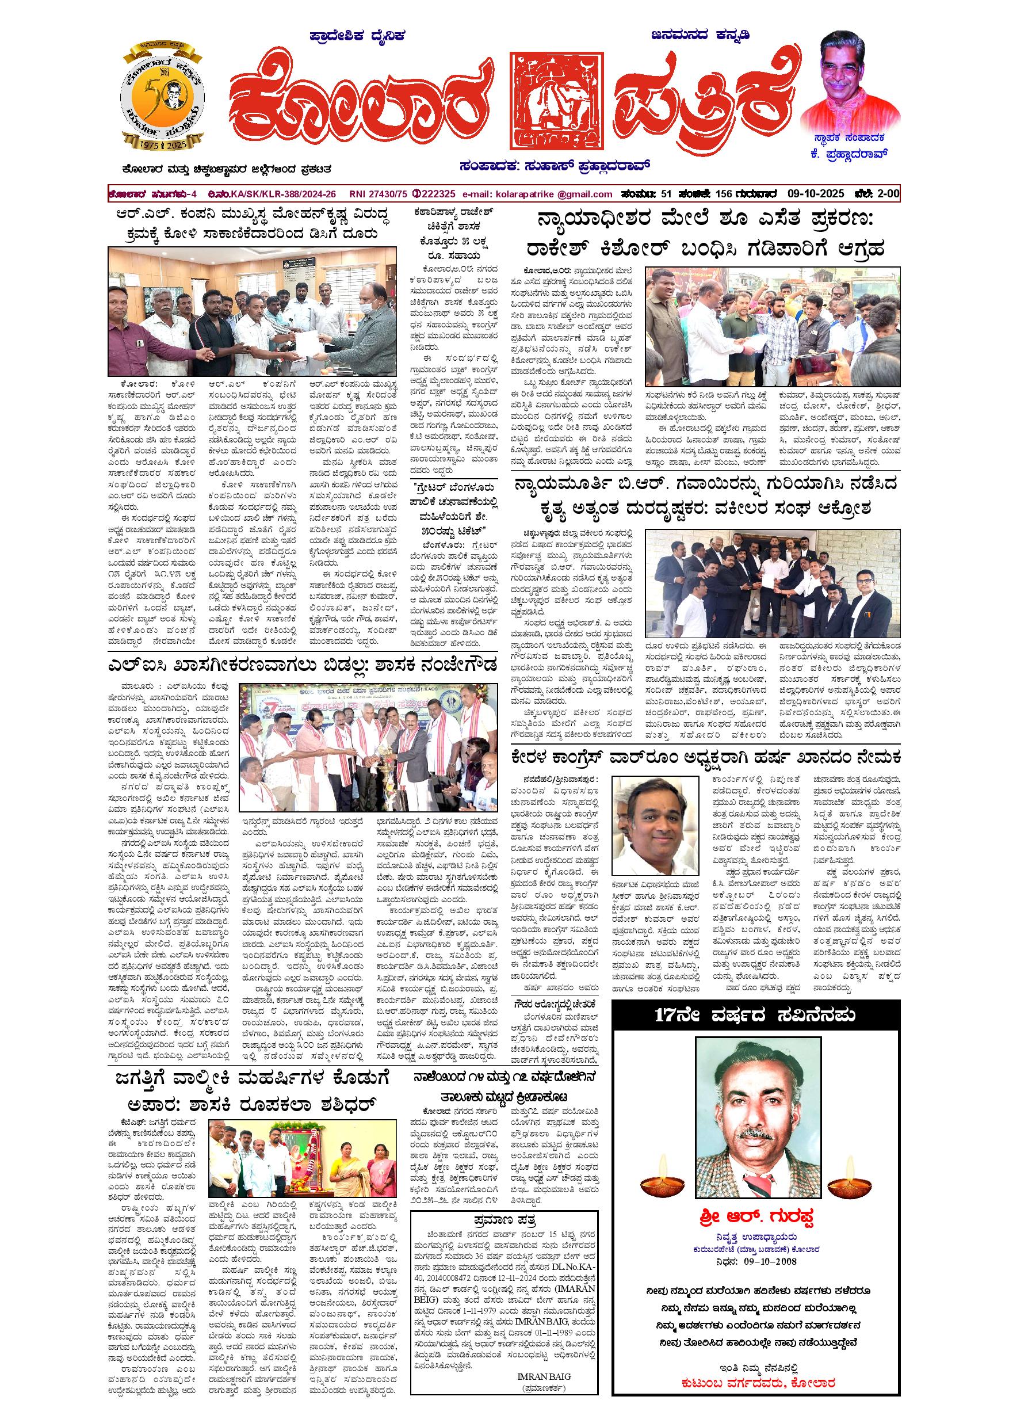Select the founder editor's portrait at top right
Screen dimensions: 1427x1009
tap(850, 78)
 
